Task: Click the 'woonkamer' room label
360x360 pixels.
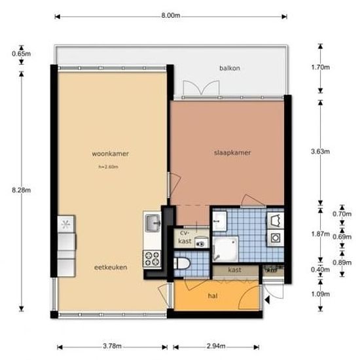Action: pyautogui.click(x=110, y=154)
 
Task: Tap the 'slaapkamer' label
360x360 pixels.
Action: pyautogui.click(x=232, y=153)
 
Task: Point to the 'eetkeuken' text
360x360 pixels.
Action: pyautogui.click(x=110, y=267)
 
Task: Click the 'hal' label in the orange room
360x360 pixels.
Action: pyautogui.click(x=213, y=296)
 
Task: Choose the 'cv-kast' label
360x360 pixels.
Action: pyautogui.click(x=184, y=238)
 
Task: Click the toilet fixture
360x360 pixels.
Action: pyautogui.click(x=184, y=263)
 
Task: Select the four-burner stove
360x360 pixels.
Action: pyautogui.click(x=153, y=258)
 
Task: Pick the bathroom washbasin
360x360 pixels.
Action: pyautogui.click(x=219, y=221)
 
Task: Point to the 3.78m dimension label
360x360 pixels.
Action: pyautogui.click(x=113, y=347)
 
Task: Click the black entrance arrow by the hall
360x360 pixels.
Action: pyautogui.click(x=268, y=300)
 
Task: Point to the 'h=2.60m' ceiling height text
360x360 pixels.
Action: pyautogui.click(x=108, y=167)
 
